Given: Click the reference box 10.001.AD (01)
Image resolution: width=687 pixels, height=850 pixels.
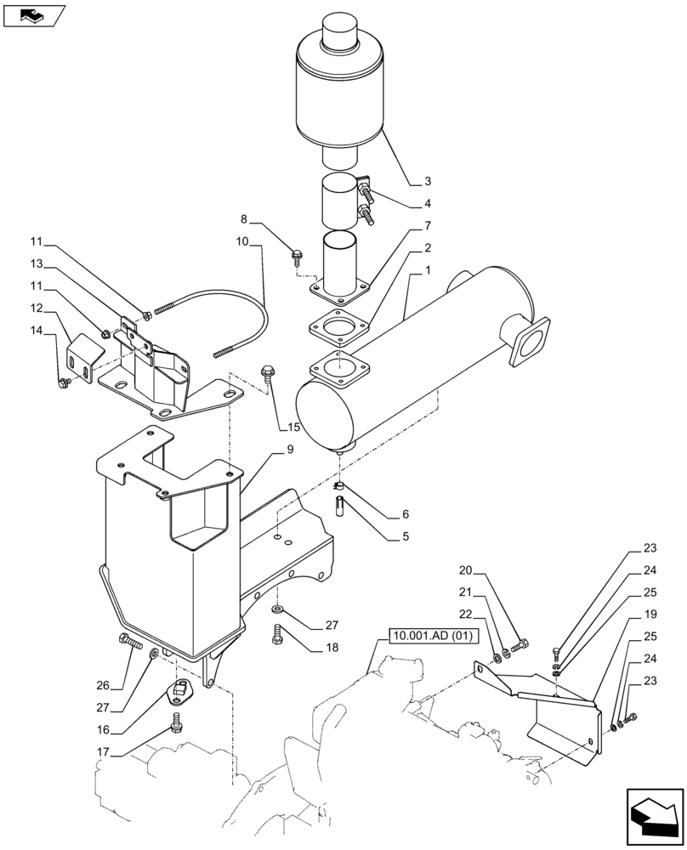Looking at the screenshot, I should coord(434,637).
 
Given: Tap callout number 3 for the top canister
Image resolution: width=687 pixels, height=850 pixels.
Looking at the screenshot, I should coord(428,181).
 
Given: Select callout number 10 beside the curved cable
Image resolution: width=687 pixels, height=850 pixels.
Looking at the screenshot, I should coord(242,241).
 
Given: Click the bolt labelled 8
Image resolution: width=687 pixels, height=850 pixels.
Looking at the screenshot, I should coord(298,254).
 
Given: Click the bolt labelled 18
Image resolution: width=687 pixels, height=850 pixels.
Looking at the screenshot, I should coord(278,634).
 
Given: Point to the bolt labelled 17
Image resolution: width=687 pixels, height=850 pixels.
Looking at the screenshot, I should coord(177,722).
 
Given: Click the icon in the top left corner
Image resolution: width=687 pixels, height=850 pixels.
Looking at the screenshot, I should coord(34,14).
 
